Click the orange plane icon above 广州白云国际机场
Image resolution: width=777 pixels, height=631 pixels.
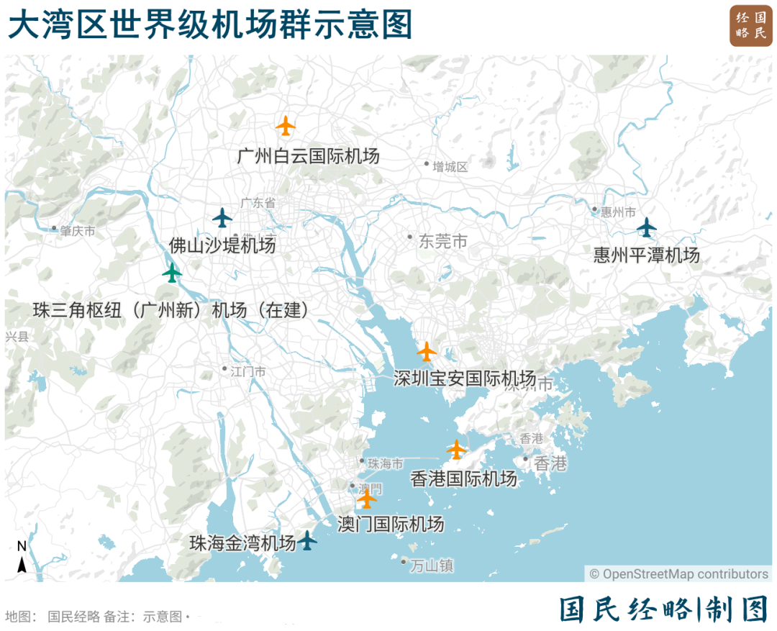coord(286,126)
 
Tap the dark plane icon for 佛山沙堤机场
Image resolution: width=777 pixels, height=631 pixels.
coord(223,217)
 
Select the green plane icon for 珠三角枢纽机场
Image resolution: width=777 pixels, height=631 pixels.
coord(172,273)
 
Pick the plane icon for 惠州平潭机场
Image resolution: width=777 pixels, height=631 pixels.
coord(647,227)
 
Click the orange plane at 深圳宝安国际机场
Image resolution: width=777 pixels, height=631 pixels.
coord(427,352)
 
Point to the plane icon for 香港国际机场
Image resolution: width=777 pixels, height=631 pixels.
coord(456,450)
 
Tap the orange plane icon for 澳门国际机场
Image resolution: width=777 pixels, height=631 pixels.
coord(367,498)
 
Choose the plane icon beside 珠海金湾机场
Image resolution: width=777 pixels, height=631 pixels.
coord(307,540)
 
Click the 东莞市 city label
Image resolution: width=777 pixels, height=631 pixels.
coord(442,242)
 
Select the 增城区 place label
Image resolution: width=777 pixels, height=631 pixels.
coord(450,167)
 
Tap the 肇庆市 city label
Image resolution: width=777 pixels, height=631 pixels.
coord(77,231)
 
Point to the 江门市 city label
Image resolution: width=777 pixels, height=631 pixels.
coord(247,371)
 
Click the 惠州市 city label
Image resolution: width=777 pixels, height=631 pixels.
coord(618,212)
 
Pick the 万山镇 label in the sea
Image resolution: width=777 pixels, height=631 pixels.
coord(432,566)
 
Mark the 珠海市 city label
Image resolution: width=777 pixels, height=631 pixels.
coord(385,464)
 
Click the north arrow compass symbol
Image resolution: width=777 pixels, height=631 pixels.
coord(22,558)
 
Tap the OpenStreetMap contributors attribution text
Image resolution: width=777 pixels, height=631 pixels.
coord(679,574)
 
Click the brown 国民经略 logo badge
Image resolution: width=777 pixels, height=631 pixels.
coord(750,27)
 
